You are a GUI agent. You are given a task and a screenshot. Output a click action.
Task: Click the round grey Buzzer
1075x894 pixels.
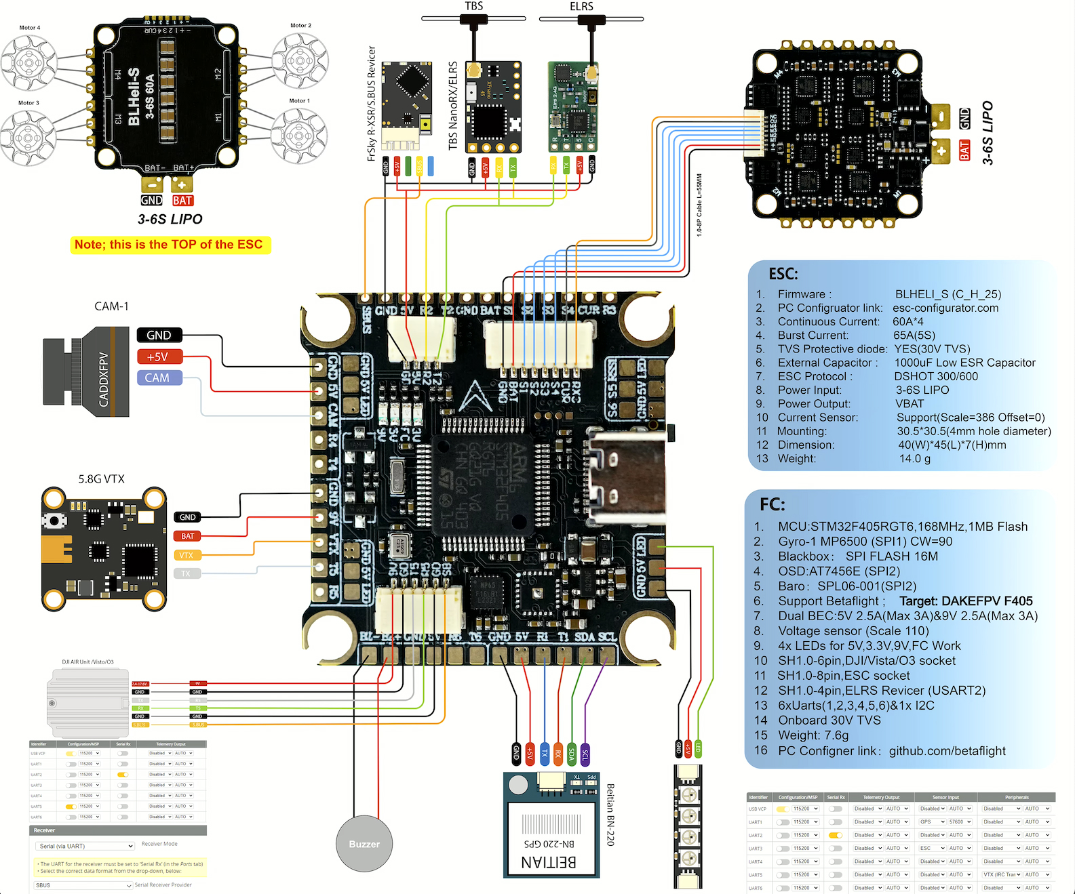pos(364,844)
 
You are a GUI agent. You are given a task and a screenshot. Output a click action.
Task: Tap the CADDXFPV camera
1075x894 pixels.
pos(86,371)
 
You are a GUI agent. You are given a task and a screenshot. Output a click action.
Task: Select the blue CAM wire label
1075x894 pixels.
pos(159,378)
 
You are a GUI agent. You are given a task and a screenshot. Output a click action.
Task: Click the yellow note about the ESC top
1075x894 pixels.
pos(170,245)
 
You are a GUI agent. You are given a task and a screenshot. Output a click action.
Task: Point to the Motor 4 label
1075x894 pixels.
pos(30,28)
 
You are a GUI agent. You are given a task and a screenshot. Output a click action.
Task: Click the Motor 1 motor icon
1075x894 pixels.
pos(299,136)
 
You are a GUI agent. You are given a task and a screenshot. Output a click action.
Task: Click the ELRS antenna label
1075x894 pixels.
pos(581,7)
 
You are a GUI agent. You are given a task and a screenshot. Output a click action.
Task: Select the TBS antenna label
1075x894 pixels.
pos(473,6)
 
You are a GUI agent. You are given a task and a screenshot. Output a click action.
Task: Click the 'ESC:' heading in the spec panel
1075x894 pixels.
pos(783,274)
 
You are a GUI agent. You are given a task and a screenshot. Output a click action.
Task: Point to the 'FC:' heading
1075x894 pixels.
pos(773,504)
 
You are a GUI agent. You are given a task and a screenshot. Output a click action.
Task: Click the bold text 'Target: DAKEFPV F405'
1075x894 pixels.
pos(966,601)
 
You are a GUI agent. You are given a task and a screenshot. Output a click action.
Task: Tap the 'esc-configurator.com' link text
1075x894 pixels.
pos(945,308)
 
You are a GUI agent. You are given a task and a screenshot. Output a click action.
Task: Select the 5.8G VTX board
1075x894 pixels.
pos(104,548)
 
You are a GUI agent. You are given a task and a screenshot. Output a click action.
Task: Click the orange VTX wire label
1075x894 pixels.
pos(187,555)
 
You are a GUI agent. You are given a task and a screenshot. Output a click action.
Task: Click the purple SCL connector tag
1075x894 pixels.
pos(585,754)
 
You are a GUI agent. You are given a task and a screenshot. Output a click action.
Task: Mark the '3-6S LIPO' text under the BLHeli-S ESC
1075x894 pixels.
pos(170,219)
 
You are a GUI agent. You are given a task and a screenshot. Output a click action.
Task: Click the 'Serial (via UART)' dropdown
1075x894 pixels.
pos(85,846)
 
